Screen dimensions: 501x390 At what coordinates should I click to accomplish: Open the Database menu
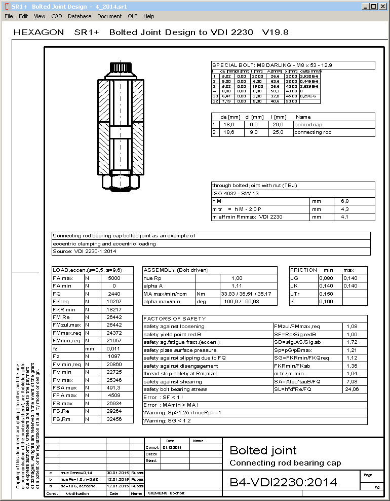click(x=80, y=16)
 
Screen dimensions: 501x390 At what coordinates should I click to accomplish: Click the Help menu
click(x=148, y=16)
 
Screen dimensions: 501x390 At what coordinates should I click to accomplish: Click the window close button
click(x=383, y=7)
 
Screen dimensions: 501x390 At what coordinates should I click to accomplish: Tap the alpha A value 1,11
click(x=237, y=286)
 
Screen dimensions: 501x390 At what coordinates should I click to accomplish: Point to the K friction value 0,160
click(x=330, y=302)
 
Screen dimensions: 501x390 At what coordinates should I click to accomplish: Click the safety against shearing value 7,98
click(x=355, y=381)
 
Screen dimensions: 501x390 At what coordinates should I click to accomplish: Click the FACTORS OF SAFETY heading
click(x=167, y=318)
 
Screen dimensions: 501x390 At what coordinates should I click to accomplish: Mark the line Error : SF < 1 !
click(x=165, y=397)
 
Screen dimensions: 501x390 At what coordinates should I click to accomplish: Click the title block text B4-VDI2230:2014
click(x=283, y=482)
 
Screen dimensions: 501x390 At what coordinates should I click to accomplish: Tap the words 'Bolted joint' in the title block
click(x=263, y=450)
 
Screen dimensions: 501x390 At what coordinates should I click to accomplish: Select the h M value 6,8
click(x=344, y=201)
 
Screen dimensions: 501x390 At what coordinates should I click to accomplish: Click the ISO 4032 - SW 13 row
click(x=237, y=194)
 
